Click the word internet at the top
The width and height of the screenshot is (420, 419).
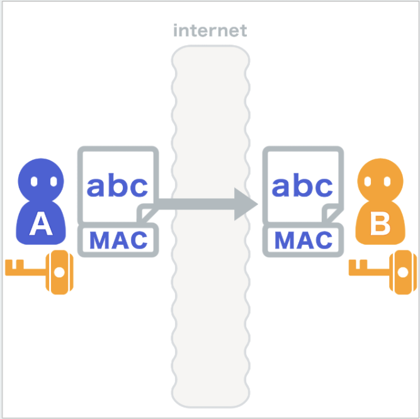tap(210, 30)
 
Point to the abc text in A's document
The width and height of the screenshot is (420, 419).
tap(118, 186)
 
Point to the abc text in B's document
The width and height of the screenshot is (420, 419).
tap(302, 186)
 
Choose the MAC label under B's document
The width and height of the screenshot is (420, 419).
tap(303, 240)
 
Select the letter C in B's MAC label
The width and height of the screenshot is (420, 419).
tap(322, 240)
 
